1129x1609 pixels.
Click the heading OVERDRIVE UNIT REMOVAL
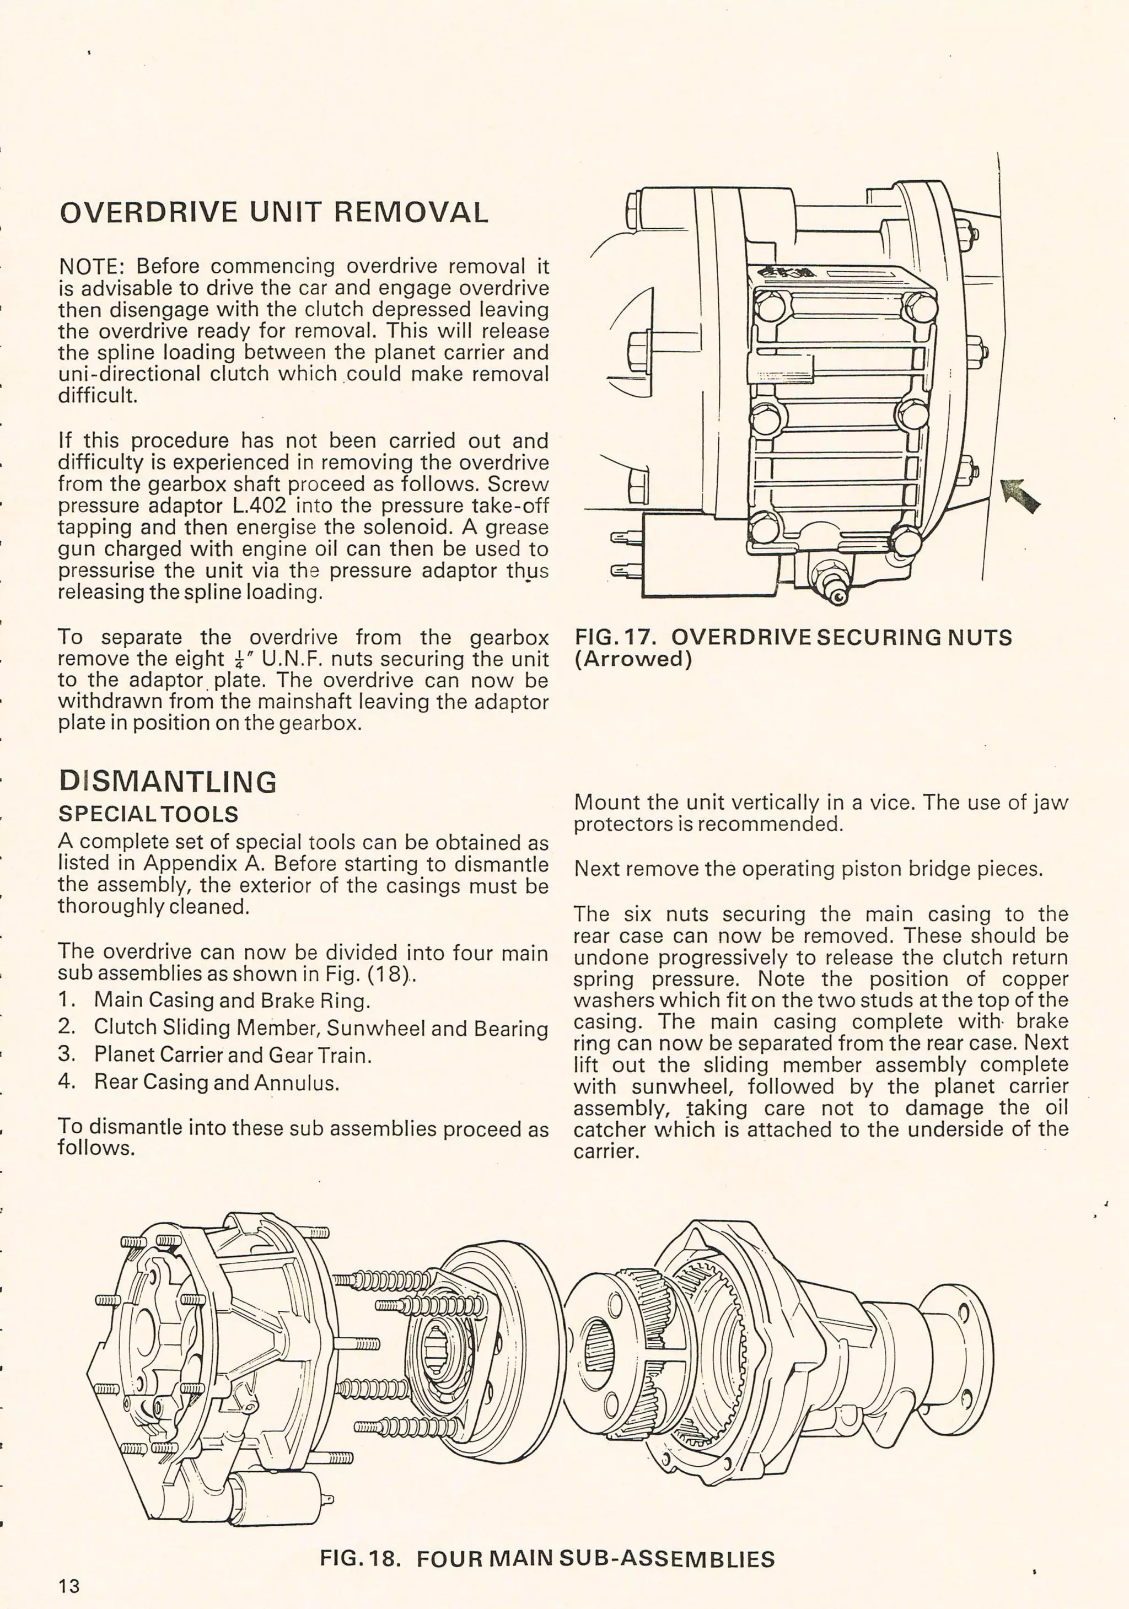[x=273, y=212]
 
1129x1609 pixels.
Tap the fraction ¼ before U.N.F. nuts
[x=240, y=659]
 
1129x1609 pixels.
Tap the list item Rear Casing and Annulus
[x=216, y=1083]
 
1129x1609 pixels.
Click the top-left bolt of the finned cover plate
[x=772, y=307]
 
